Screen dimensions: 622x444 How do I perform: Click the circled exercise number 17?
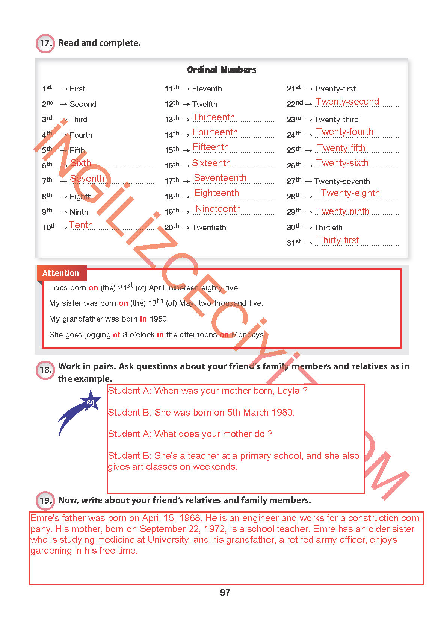(x=45, y=43)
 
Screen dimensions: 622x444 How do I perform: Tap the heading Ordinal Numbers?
(x=222, y=70)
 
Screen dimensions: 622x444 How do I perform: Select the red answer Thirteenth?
(x=213, y=117)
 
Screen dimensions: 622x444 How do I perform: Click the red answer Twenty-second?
(x=347, y=102)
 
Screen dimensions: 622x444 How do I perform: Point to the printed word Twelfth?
(x=205, y=104)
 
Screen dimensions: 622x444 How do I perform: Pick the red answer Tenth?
(x=81, y=225)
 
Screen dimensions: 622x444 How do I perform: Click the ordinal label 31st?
(x=294, y=243)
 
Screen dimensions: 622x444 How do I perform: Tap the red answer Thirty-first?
(x=338, y=240)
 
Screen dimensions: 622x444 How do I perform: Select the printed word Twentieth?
(x=209, y=228)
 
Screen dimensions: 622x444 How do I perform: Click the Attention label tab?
(x=61, y=273)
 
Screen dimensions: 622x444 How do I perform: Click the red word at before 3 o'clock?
(x=117, y=335)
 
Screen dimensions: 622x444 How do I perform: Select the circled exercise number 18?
(x=45, y=370)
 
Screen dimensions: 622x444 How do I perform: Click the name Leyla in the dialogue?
(x=288, y=391)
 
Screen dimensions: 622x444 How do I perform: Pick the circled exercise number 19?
(x=45, y=501)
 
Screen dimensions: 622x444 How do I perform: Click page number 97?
(x=225, y=593)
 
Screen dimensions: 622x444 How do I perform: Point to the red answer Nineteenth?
(x=218, y=209)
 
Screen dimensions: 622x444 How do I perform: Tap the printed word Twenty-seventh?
(x=342, y=181)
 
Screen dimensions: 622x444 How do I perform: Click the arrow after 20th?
(x=186, y=228)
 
